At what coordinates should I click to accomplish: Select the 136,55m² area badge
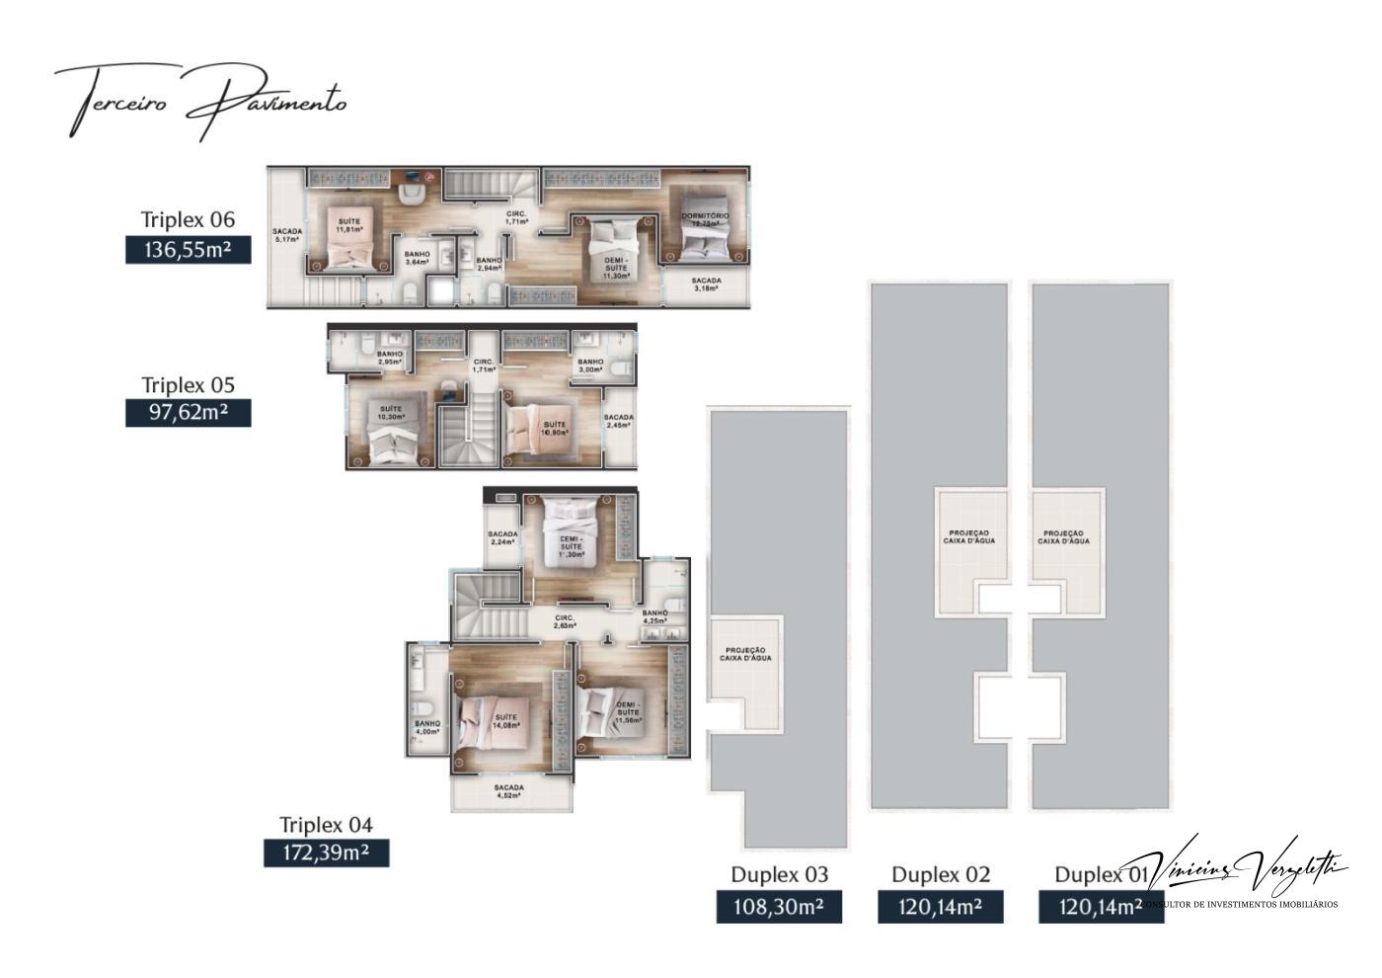click(x=188, y=250)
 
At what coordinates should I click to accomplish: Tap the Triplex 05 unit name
click(x=188, y=384)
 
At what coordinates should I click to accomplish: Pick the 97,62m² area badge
click(x=188, y=412)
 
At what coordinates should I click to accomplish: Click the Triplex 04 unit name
click(x=326, y=824)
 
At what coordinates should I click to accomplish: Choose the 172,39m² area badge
click(x=326, y=853)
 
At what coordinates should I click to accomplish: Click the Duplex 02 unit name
click(x=940, y=874)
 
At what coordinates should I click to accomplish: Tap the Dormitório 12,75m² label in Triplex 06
click(x=705, y=219)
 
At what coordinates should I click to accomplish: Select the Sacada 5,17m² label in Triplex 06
click(x=287, y=235)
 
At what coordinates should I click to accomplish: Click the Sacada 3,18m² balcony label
click(x=706, y=285)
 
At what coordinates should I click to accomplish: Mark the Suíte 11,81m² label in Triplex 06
click(x=348, y=225)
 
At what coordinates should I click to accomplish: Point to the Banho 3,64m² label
click(x=417, y=258)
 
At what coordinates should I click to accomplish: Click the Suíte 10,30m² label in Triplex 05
click(x=391, y=413)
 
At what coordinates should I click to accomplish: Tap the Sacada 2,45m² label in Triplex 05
click(x=619, y=422)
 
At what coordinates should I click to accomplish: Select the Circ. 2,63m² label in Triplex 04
click(x=564, y=621)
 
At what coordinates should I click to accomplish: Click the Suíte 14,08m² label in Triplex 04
click(x=505, y=721)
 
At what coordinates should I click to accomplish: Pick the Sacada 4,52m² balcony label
click(x=509, y=791)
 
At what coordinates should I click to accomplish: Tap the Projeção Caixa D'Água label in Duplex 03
click(x=745, y=654)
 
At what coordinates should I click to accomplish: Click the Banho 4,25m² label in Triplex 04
click(x=654, y=617)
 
